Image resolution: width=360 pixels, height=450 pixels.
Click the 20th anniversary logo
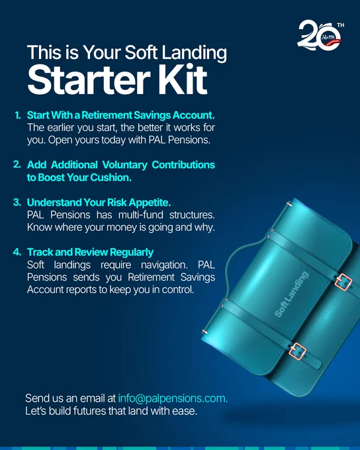321,35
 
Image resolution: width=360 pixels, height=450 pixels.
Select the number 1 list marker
18,115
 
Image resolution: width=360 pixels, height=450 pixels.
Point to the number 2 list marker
17,165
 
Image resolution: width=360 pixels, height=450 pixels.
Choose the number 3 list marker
17,202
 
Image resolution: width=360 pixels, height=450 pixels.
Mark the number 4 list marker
17,252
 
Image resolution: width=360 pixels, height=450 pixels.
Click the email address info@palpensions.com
173,398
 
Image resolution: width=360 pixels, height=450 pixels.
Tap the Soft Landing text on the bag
292,294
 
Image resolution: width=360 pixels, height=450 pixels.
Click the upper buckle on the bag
343,282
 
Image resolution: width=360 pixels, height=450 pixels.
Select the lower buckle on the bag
297,351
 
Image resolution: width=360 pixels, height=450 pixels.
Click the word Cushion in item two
111,177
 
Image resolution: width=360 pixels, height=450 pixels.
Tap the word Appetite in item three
150,202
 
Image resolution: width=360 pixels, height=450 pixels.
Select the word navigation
164,265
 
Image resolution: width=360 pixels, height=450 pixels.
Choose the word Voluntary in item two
124,165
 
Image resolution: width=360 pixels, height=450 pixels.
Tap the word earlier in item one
61,128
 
